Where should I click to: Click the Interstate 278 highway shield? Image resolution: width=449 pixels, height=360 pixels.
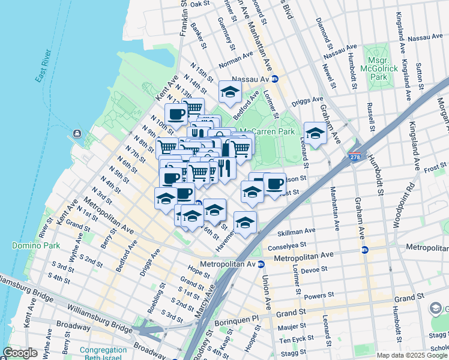[354, 158]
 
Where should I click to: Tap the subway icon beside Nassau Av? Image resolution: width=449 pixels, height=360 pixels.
[276, 79]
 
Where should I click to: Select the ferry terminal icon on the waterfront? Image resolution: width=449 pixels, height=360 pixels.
[77, 133]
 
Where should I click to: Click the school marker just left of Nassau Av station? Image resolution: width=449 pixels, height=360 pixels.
[229, 92]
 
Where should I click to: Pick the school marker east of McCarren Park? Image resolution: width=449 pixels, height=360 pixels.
[315, 134]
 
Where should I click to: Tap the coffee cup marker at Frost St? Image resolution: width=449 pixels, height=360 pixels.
[275, 184]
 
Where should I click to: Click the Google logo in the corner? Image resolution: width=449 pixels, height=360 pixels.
[20, 353]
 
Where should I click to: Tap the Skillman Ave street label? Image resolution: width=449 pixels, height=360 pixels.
[296, 231]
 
